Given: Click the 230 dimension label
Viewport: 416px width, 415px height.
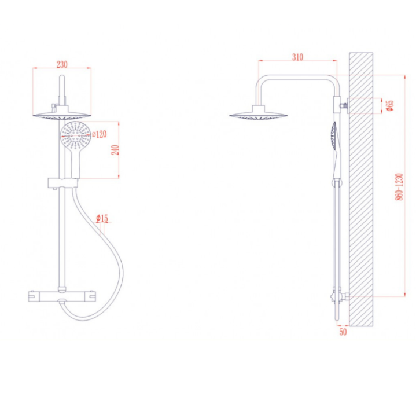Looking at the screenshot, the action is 62,64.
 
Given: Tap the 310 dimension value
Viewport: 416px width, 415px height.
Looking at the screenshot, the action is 297,57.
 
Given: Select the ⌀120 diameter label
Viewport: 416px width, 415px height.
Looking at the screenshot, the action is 100,134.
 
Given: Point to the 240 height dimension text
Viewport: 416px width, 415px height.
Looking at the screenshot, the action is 115,150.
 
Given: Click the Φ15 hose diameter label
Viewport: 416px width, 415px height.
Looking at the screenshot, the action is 102,218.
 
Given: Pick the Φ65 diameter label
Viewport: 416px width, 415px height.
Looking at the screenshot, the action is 391,105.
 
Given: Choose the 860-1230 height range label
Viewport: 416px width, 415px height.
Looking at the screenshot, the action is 399,187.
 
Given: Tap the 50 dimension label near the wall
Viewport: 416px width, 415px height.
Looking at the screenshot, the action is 343,332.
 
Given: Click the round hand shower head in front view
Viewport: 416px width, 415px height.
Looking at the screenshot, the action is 76,135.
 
